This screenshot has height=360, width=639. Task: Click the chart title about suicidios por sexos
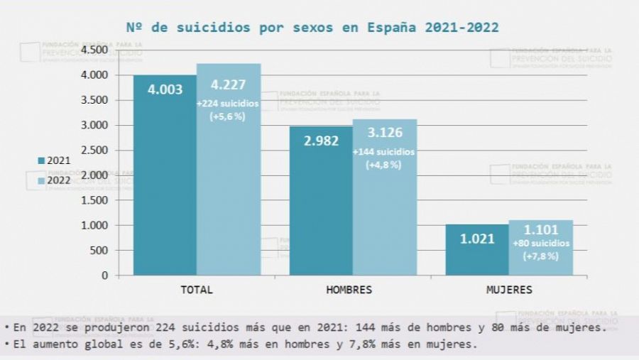click(x=312, y=28)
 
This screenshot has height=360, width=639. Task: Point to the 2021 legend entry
click(x=54, y=160)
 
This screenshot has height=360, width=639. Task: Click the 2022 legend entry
click(x=54, y=181)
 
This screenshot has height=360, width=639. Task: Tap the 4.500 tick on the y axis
click(x=94, y=50)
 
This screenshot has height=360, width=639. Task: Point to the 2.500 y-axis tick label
click(x=94, y=150)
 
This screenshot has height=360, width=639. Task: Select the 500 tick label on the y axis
click(x=99, y=250)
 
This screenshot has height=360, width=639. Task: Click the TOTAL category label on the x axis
click(x=197, y=290)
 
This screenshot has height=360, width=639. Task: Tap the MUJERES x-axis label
click(x=509, y=290)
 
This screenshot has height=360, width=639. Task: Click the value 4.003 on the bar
click(x=165, y=89)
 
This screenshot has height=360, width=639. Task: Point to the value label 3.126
click(x=384, y=133)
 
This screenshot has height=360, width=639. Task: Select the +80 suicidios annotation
click(x=540, y=244)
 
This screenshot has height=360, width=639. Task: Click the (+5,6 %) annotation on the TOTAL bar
click(x=228, y=116)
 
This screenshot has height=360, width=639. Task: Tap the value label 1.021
click(x=477, y=239)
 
